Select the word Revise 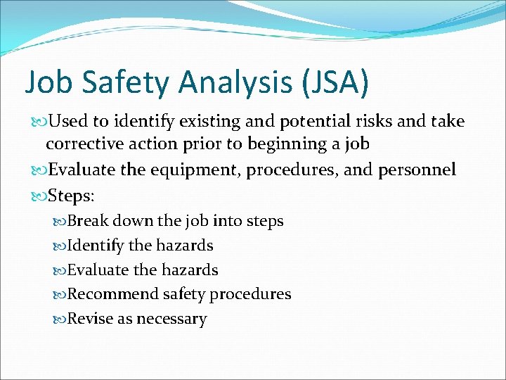(90, 319)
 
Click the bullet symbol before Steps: (36, 195)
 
